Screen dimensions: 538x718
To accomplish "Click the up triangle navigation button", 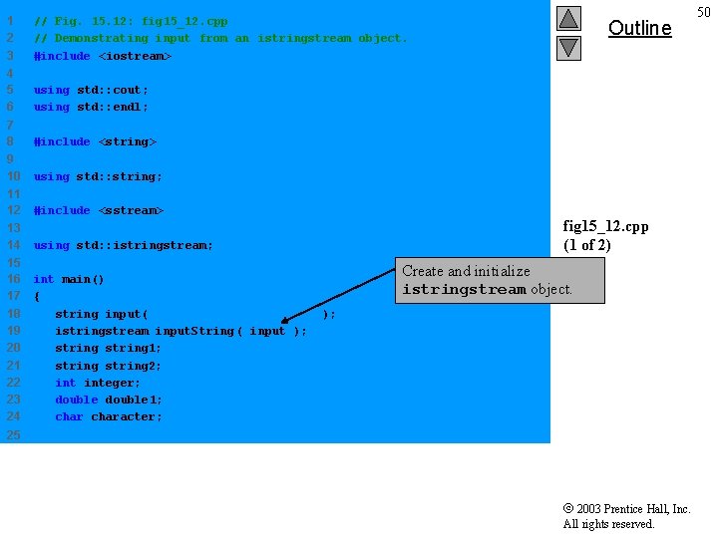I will pos(568,18).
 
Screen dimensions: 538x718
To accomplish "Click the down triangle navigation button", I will pos(568,47).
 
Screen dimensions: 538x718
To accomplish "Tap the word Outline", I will pos(639,28).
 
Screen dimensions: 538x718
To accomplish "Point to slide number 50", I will pos(704,12).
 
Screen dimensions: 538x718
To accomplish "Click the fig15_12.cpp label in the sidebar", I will pos(605,226).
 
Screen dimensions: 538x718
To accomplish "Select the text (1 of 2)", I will pos(587,245).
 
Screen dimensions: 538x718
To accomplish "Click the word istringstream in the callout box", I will pos(464,290).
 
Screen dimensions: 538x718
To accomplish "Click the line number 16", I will pos(13,279).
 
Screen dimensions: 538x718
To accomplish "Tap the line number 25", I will pos(13,434).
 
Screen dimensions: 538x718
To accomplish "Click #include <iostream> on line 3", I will pos(103,56).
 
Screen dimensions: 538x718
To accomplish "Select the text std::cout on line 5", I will pos(113,90).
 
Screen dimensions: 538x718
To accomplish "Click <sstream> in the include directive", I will pos(131,210).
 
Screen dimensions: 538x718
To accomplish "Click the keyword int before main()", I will pos(44,279).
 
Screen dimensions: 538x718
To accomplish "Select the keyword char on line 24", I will pos(69,416).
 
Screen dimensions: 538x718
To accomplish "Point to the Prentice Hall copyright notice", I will pos(626,516).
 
